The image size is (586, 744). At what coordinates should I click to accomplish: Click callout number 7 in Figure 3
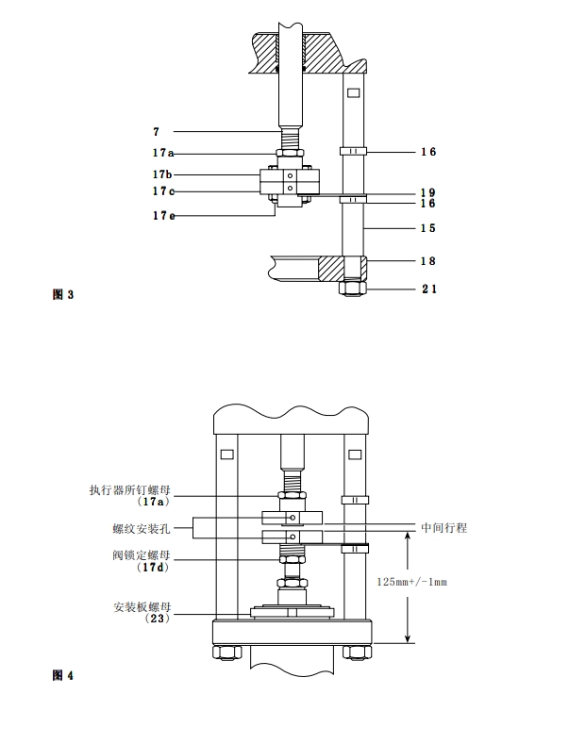click(x=156, y=131)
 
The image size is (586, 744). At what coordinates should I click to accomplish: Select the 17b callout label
click(x=162, y=174)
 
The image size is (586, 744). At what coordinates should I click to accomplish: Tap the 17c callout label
click(x=162, y=191)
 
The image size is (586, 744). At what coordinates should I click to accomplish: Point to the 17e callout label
click(x=162, y=216)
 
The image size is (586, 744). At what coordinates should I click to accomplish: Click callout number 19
click(x=427, y=192)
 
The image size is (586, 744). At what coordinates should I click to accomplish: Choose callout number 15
click(x=427, y=228)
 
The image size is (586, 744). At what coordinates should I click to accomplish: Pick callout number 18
click(x=427, y=261)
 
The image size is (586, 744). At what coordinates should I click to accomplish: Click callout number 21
click(x=427, y=289)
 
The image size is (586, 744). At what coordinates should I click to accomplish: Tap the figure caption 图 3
click(x=62, y=295)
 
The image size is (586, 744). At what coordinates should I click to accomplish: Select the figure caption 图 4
click(x=62, y=675)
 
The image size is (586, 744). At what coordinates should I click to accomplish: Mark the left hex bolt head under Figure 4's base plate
click(x=226, y=652)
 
